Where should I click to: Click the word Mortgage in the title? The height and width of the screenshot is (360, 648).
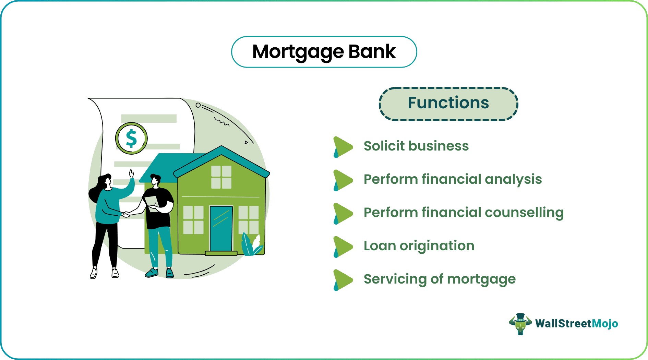[298, 52]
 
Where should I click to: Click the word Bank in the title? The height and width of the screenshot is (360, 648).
[372, 52]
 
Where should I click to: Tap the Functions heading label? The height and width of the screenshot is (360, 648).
[448, 103]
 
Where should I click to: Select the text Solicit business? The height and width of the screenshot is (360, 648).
[416, 146]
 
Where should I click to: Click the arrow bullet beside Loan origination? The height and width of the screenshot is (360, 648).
[343, 247]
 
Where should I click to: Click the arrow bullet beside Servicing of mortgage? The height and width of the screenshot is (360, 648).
[343, 280]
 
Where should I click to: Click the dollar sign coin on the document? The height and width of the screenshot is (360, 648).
[131, 139]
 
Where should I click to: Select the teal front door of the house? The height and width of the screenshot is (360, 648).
[221, 228]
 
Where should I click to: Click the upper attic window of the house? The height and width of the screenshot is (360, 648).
[221, 177]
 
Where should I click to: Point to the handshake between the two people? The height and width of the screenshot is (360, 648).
[126, 214]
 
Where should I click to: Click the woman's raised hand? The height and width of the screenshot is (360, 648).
[131, 174]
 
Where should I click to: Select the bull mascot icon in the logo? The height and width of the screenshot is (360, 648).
[520, 324]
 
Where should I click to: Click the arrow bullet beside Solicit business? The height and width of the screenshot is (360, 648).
[343, 147]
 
